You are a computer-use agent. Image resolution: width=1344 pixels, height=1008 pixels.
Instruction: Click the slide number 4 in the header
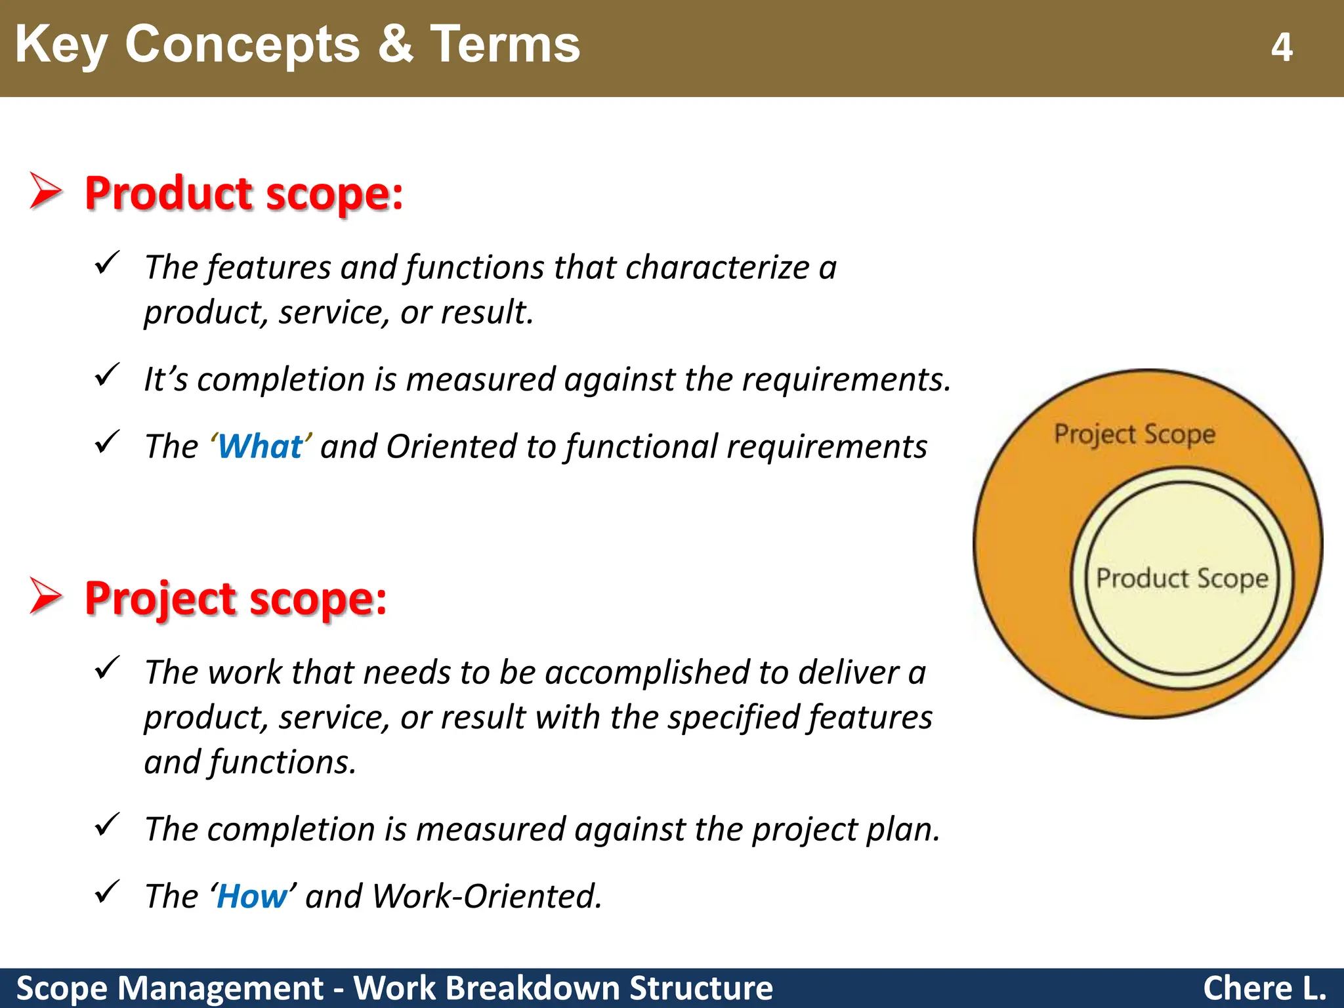pos(1281,47)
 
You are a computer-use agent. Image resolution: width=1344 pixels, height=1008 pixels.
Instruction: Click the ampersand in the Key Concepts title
pos(396,45)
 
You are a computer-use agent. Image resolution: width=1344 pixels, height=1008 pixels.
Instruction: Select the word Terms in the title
pos(505,45)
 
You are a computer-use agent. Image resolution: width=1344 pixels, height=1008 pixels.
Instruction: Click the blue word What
pos(260,447)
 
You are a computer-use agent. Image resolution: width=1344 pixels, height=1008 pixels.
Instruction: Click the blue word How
pos(252,896)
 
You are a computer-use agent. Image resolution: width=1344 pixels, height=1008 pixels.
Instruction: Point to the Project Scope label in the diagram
pos(1135,434)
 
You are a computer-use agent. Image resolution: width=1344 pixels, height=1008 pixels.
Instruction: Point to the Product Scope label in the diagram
pos(1182,579)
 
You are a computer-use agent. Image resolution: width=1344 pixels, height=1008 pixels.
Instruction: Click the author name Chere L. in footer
pos(1264,988)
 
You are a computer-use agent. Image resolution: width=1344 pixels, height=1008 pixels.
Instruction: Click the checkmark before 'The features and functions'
pos(106,263)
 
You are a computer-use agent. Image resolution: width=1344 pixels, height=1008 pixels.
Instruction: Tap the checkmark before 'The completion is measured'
pos(106,825)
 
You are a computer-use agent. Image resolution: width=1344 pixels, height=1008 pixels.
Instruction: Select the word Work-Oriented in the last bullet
pos(486,896)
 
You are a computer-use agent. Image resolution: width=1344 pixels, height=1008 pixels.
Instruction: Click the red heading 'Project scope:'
pos(236,598)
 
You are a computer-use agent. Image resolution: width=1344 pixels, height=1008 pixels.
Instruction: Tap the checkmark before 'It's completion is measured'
pos(106,375)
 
